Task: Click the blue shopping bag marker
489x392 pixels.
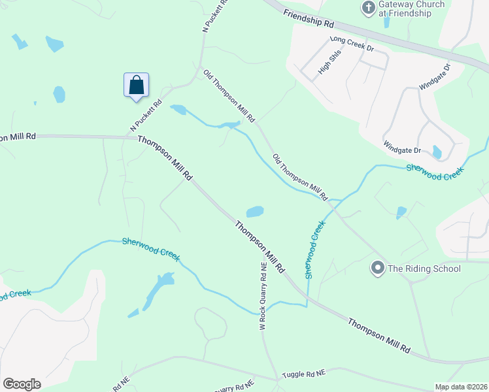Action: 136,86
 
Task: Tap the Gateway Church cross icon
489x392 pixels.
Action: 368,8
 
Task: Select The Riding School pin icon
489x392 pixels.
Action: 377,268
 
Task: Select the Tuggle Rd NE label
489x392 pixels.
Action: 303,374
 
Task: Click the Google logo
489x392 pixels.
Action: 22,384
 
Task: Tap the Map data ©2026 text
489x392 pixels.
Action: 460,387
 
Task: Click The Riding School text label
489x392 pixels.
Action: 424,269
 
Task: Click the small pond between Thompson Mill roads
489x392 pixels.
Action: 254,212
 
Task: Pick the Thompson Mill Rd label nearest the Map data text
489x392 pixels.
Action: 379,336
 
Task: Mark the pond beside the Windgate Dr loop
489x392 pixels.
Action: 437,152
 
